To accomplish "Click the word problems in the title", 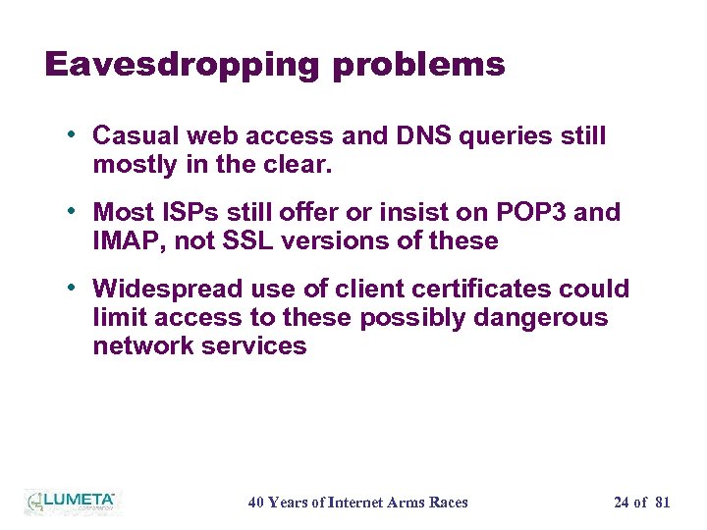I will click(x=418, y=65).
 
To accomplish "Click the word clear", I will click(x=305, y=165).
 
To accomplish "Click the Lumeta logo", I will click(x=71, y=502).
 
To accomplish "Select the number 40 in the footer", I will click(x=256, y=503).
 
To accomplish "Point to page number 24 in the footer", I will click(x=622, y=503).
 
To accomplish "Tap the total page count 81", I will click(x=662, y=503).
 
